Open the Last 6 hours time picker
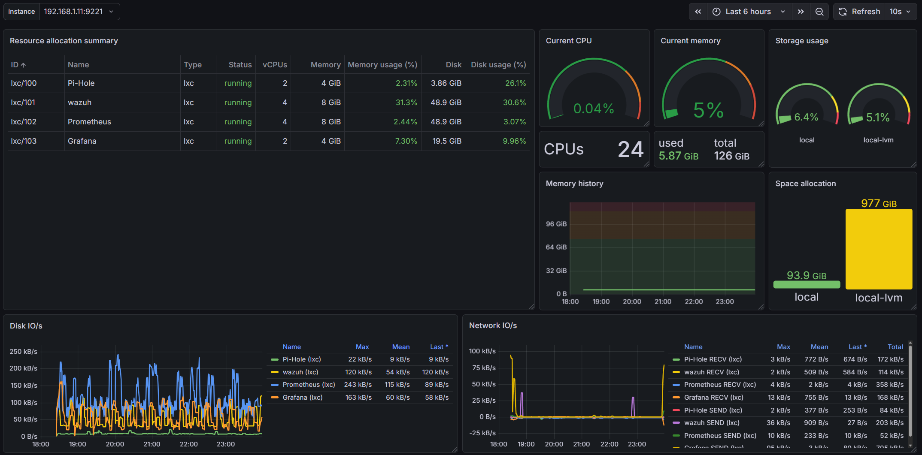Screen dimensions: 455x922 pos(748,12)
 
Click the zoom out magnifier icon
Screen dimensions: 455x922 pos(819,12)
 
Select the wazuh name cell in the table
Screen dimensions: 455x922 pos(80,102)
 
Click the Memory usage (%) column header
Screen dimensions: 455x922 pos(382,65)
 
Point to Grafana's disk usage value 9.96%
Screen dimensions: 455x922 pos(514,141)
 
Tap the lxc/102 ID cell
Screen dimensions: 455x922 pos(24,122)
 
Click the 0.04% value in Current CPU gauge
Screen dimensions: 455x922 pos(594,108)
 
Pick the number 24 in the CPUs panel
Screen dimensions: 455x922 pos(631,149)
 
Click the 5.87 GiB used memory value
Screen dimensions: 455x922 pos(678,156)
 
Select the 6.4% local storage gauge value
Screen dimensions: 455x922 pos(806,117)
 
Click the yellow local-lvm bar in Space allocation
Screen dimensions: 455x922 pos(879,249)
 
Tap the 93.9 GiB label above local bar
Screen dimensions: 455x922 pos(806,275)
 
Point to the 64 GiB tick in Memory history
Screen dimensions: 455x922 pos(556,247)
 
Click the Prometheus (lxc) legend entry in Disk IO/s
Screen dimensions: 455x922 pos(309,385)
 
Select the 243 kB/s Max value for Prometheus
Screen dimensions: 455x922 pos(358,385)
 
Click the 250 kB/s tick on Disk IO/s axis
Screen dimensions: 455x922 pos(24,351)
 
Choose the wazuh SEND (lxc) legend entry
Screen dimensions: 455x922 pos(712,423)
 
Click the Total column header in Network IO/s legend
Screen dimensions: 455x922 pos(895,347)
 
